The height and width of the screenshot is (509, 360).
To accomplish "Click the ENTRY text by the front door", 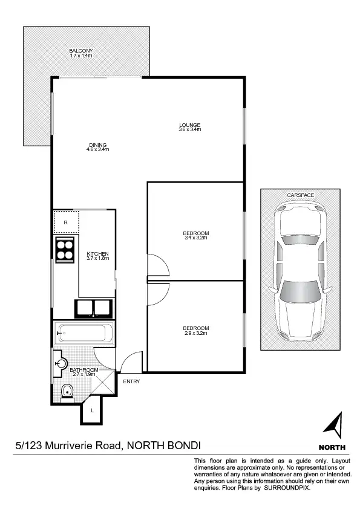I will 131,381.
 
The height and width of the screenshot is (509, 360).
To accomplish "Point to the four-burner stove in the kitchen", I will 65,249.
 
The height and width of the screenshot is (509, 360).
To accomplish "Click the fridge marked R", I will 65,221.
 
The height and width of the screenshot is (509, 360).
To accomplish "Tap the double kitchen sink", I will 93,308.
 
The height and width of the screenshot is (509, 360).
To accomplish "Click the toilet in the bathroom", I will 67,394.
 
